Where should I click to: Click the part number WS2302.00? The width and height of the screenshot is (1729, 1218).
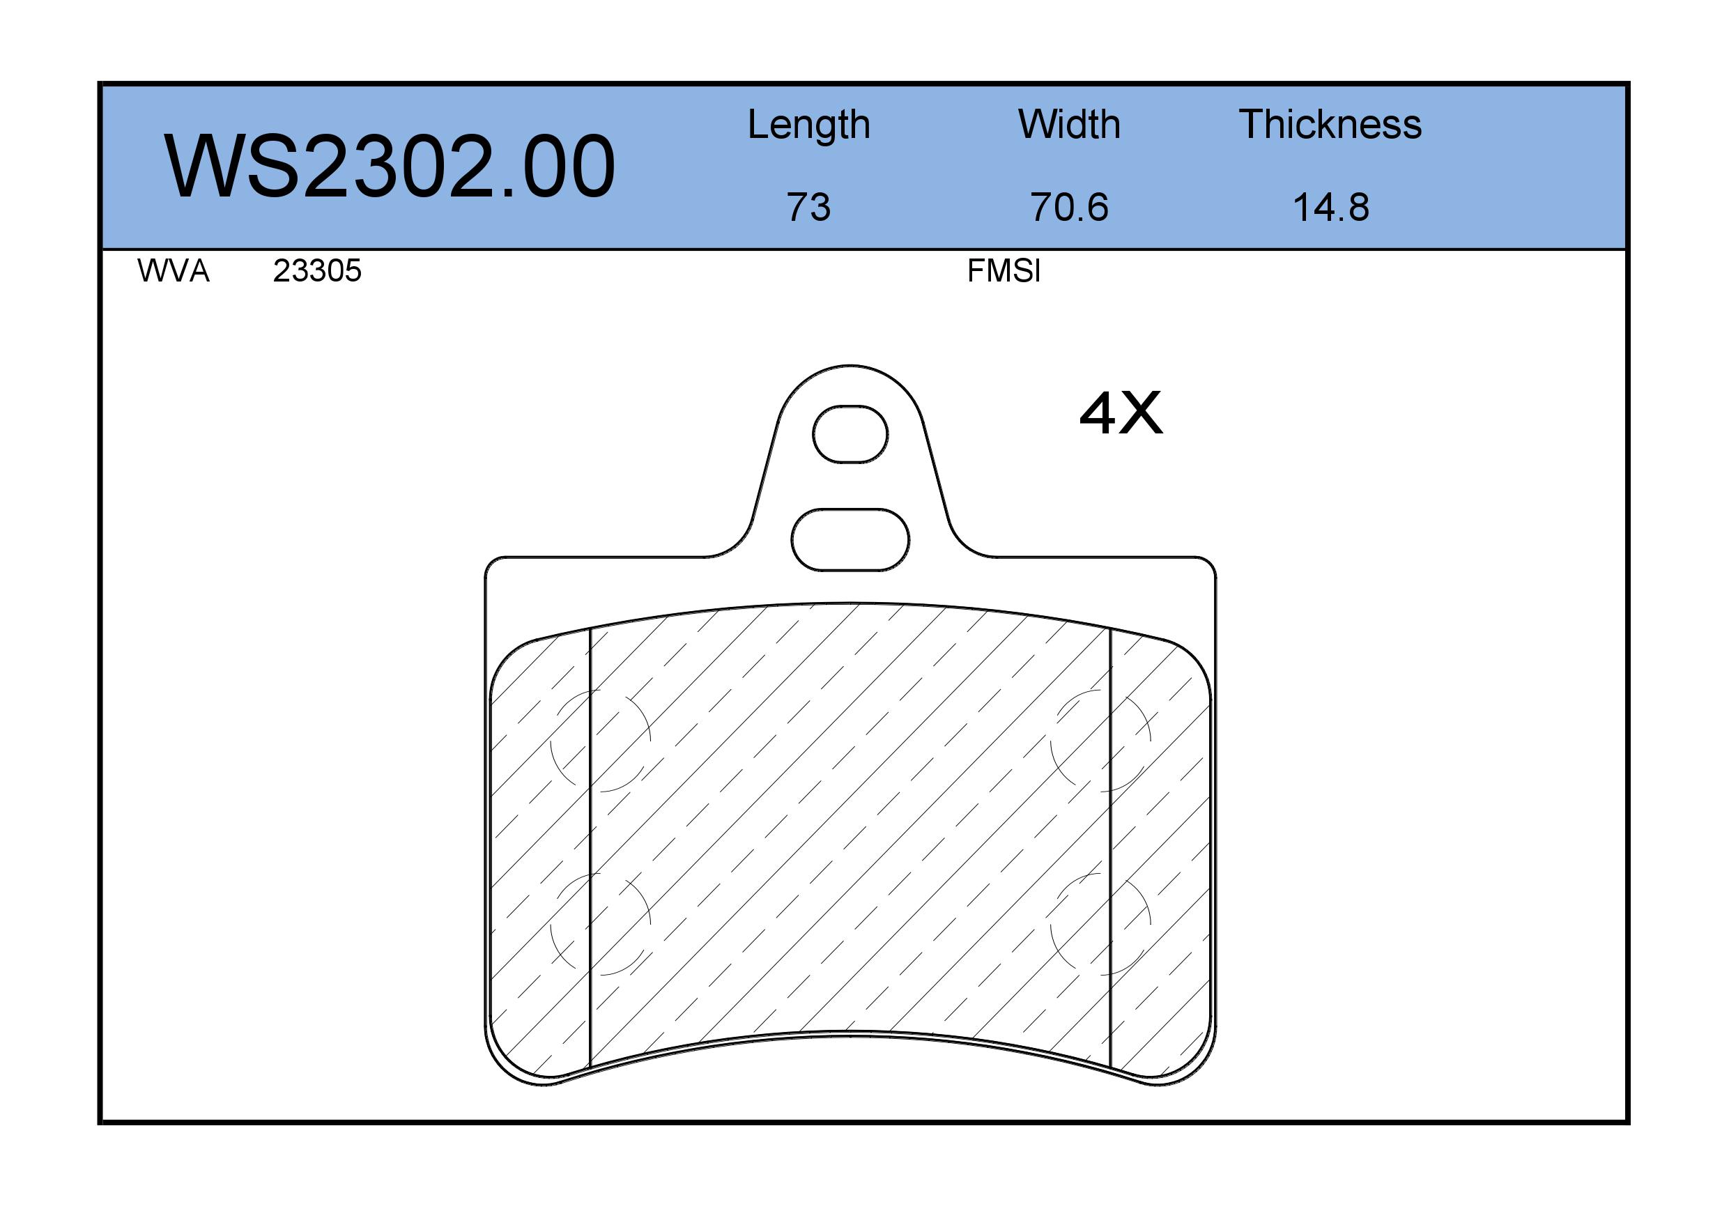point(390,167)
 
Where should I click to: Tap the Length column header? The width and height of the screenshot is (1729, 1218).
point(809,124)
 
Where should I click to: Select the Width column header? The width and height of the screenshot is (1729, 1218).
point(1069,124)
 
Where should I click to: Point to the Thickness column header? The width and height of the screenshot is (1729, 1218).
point(1330,124)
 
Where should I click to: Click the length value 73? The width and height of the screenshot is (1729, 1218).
point(809,207)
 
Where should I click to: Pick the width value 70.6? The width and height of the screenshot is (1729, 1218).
point(1069,207)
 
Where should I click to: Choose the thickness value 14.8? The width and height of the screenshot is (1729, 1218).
point(1330,207)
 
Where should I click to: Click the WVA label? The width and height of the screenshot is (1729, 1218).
point(174,270)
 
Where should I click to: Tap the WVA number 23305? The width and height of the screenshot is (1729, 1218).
point(317,270)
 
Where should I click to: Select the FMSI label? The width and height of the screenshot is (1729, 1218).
point(1004,270)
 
